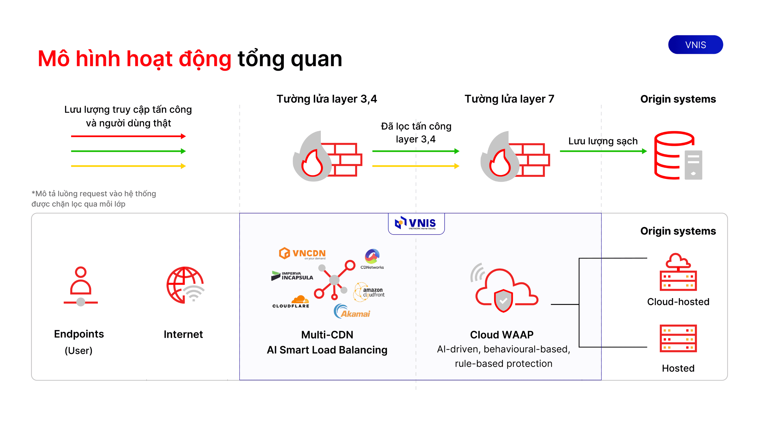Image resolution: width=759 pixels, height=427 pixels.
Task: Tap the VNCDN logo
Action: pos(302,253)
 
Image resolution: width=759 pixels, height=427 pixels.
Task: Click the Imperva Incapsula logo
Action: pos(292,276)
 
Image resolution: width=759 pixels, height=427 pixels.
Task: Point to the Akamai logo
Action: pos(352,312)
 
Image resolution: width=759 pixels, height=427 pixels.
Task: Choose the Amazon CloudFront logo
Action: pos(369,292)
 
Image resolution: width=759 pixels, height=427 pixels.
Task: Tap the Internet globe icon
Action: pos(185,285)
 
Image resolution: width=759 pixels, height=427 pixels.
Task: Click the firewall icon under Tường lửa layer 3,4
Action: pos(327,157)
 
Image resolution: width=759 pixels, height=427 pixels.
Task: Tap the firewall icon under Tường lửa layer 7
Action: pos(515,157)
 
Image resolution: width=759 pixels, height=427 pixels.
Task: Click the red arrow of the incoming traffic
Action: pos(128,136)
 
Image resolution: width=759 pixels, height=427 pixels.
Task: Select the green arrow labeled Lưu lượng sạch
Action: pos(603,151)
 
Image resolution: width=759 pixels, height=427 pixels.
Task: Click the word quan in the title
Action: pos(317,59)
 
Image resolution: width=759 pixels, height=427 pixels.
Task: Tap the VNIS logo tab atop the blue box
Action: pos(416,223)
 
